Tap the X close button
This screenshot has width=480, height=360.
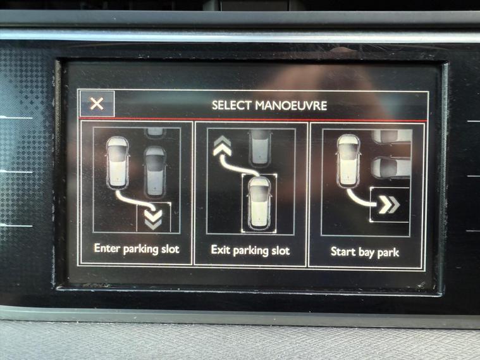(x=97, y=104)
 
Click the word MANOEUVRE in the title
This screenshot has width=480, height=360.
(x=291, y=106)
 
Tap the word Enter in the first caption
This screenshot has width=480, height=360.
(x=107, y=248)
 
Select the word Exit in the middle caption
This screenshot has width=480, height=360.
(x=221, y=250)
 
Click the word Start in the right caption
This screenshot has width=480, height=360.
(x=343, y=252)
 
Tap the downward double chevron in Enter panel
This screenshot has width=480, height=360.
(x=153, y=220)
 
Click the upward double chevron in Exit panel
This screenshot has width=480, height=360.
(x=223, y=146)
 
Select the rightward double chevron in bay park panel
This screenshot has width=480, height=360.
(x=389, y=205)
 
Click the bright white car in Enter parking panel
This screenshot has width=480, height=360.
(x=118, y=163)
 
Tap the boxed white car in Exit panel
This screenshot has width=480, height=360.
(x=259, y=203)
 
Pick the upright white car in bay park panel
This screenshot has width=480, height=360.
(x=348, y=161)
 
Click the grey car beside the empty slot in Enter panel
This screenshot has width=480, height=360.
(x=155, y=171)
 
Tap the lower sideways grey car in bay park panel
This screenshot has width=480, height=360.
(x=391, y=168)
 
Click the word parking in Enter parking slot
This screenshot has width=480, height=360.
(x=140, y=249)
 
